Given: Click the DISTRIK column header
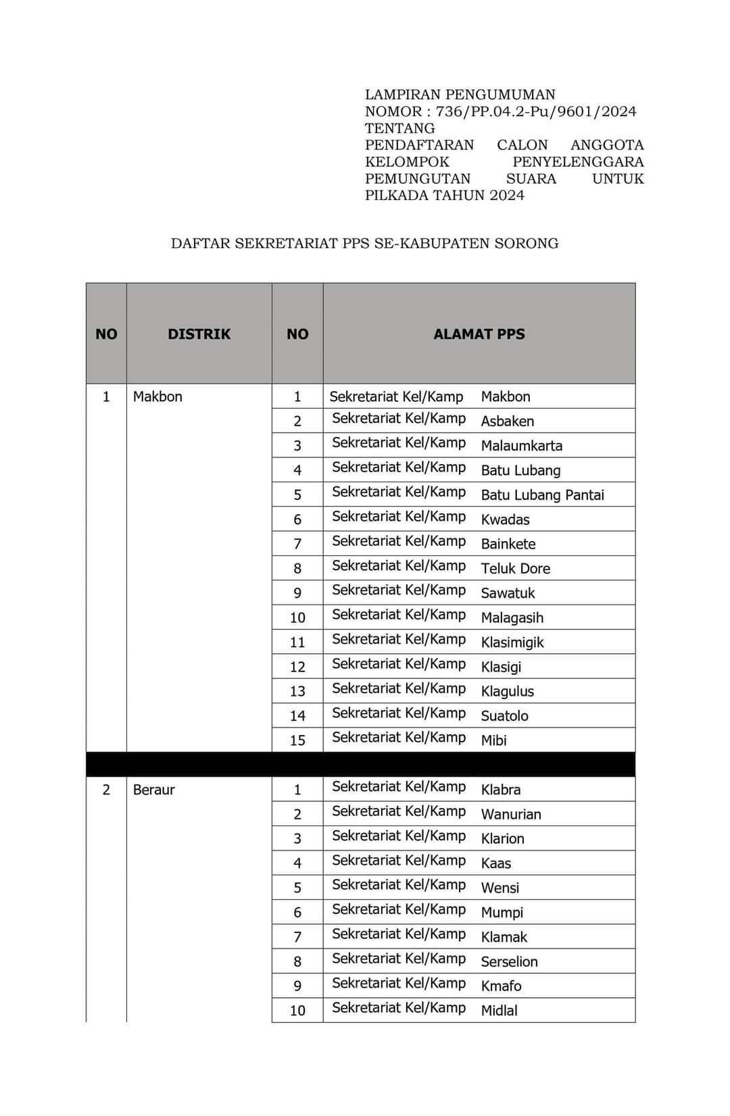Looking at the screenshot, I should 199,334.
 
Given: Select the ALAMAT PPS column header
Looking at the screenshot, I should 479,334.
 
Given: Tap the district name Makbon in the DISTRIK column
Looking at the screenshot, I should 157,397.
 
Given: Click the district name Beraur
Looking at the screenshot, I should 153,790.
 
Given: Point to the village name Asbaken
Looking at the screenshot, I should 507,422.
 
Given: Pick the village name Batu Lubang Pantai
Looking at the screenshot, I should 542,495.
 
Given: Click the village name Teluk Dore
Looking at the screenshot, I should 515,569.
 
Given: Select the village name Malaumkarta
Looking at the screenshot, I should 521,446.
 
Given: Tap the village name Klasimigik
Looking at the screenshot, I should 512,642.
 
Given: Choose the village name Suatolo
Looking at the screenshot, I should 504,716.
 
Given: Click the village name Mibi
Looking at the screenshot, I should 493,740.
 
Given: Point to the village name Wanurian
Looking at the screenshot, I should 510,815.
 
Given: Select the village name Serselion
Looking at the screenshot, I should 509,962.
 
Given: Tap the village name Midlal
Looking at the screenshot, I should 499,1011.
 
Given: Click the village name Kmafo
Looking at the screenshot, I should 501,986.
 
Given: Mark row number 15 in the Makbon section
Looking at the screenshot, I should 297,740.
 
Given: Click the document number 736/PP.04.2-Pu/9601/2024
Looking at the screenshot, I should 535,111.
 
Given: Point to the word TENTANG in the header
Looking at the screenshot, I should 399,128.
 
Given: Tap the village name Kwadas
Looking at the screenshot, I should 505,519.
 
